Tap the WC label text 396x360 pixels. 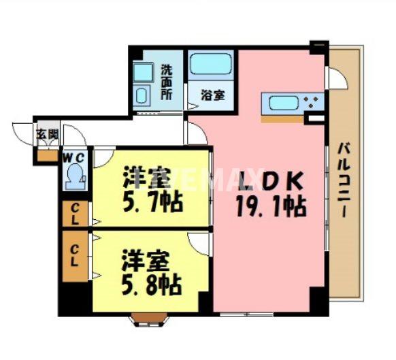pos(73,157)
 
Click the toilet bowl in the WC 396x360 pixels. pos(73,178)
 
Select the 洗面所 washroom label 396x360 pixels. pos(167,82)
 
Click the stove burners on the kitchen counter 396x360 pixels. pos(314,104)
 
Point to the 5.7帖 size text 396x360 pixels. pos(152,202)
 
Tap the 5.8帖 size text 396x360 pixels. pos(151,284)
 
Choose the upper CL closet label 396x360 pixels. pos(75,214)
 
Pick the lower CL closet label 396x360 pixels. pos(74,255)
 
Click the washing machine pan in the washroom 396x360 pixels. pos(143,72)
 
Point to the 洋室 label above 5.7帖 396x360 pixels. pos(145,178)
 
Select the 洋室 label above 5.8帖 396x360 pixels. pos(144,261)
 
